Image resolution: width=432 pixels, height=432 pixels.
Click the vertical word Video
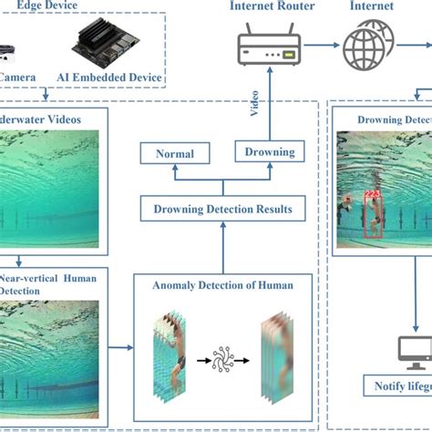point(255,108)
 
